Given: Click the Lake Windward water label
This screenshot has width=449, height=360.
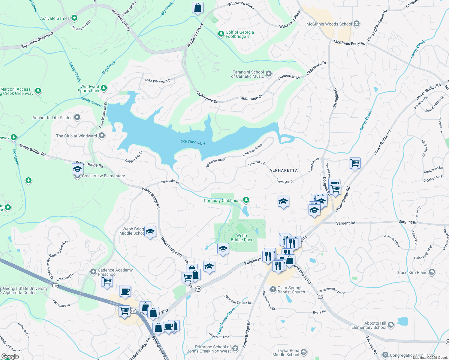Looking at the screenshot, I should [191, 142].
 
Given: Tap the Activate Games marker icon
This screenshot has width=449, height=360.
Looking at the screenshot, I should [74, 18].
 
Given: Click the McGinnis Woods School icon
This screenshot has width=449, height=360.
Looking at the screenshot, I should [357, 24].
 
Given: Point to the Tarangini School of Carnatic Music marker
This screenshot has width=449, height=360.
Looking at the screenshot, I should [269, 74].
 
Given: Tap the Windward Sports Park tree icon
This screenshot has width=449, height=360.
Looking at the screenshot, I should [104, 88].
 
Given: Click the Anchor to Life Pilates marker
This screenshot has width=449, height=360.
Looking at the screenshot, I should [77, 118].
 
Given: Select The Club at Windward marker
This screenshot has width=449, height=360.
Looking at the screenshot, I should [102, 136].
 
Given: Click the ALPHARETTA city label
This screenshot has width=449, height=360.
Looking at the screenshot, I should [284, 170].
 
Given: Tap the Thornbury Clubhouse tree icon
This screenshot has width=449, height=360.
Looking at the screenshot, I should [246, 200].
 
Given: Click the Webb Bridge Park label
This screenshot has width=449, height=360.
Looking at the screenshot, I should [242, 238].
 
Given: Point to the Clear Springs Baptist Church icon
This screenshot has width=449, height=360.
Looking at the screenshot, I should [273, 289].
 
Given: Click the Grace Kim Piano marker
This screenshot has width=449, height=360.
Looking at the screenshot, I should [432, 272].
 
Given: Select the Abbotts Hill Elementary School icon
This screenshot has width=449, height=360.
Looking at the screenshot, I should [391, 325].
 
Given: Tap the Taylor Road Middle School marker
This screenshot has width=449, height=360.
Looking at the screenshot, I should [304, 352].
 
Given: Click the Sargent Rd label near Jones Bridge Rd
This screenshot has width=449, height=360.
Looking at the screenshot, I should [345, 223].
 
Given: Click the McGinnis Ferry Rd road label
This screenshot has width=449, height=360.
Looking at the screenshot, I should [349, 43].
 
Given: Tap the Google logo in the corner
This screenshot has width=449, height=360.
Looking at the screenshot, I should [10, 356].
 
